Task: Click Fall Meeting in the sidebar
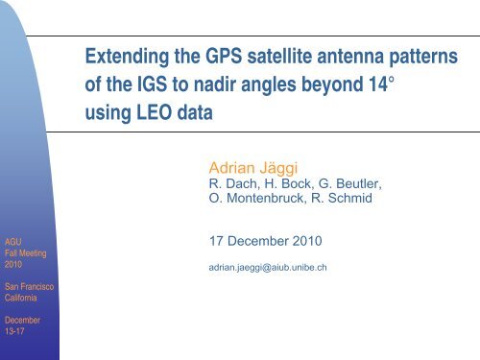[x=22, y=253]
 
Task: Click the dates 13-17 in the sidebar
[x=12, y=332]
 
